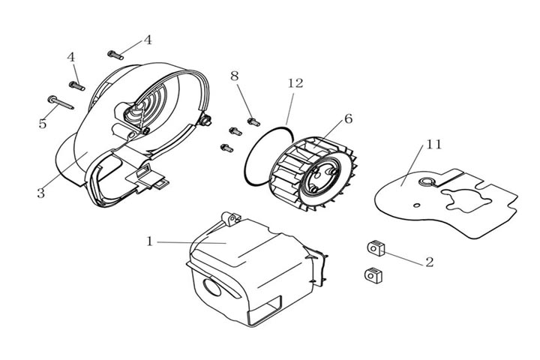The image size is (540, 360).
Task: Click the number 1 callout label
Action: click(150, 241)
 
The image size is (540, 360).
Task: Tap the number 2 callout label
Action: click(429, 262)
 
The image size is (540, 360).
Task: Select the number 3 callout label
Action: click(40, 193)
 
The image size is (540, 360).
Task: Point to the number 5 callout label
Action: click(43, 123)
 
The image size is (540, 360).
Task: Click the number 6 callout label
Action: click(347, 118)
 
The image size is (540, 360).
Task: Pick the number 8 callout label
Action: click(235, 76)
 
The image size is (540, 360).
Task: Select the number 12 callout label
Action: click(295, 83)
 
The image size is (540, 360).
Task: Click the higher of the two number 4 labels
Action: click(148, 40)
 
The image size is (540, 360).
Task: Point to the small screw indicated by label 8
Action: click(253, 121)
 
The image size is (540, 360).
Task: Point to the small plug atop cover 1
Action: click(230, 218)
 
